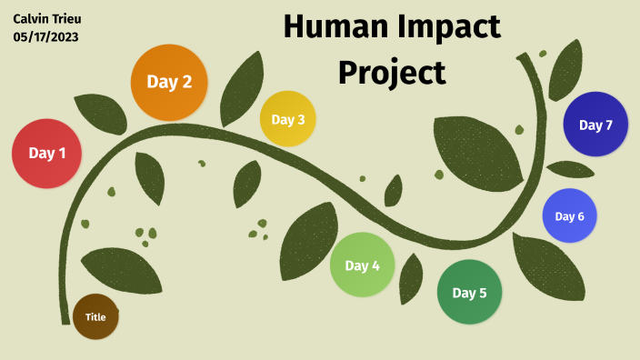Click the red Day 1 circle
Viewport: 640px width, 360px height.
[x=47, y=154]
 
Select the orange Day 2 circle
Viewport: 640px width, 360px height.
[x=169, y=82]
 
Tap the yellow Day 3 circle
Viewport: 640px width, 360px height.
[x=288, y=119]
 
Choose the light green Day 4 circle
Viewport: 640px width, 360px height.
[x=362, y=265]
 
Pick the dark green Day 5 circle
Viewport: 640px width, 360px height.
[x=469, y=293]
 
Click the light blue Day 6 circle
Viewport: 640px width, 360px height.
[x=569, y=216]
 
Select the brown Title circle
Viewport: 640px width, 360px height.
[x=95, y=317]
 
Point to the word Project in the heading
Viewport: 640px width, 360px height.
[x=392, y=71]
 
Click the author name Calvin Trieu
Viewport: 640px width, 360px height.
[x=47, y=18]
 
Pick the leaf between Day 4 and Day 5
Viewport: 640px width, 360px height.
[x=411, y=277]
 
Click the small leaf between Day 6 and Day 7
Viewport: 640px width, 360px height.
[x=570, y=169]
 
